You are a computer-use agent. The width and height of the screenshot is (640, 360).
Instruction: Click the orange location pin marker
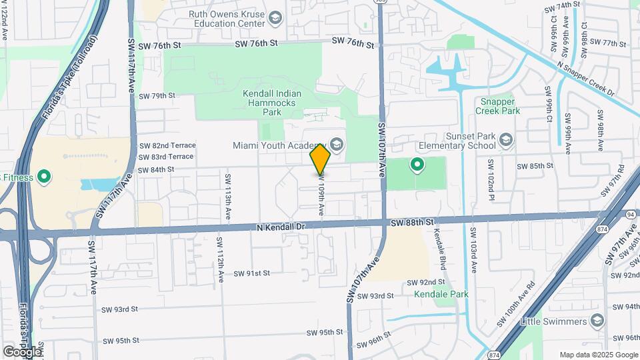point(321,159)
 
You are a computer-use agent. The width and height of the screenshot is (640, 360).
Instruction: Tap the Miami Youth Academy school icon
point(337,145)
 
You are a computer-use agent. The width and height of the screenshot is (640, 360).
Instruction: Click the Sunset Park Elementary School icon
point(506,139)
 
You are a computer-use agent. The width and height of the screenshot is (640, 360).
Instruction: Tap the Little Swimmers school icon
point(597,322)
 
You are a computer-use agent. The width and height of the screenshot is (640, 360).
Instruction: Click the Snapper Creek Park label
point(498,106)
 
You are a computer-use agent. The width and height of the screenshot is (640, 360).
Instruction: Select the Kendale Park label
point(441,294)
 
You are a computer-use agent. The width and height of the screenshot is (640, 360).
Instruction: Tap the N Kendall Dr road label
point(280,227)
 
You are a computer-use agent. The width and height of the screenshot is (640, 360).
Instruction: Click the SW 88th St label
point(413,221)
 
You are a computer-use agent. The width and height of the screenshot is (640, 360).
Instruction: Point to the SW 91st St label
point(252,273)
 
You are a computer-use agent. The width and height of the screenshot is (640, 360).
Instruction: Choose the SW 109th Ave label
point(321,194)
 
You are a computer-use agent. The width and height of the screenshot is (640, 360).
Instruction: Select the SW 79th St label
point(157,96)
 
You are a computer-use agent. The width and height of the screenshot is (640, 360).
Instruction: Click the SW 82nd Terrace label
point(167,145)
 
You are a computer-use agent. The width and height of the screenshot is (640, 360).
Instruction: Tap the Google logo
point(22,351)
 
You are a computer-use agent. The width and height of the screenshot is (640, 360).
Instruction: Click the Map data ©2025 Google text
point(597,355)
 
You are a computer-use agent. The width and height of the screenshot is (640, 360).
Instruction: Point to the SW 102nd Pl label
point(491,179)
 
